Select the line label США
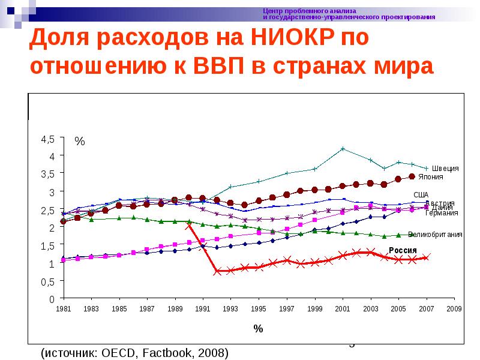pyautogui.click(x=421, y=194)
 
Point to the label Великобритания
pyautogui.click(x=435, y=235)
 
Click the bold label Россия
pyautogui.click(x=404, y=250)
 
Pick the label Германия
pyautogui.click(x=442, y=212)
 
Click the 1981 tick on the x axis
pyautogui.click(x=63, y=308)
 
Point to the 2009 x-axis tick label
pyautogui.click(x=454, y=308)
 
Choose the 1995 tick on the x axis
pyautogui.click(x=259, y=308)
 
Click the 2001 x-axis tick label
pyautogui.click(x=343, y=308)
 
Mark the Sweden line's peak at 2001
pyautogui.click(x=343, y=148)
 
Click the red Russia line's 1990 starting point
pyautogui.click(x=189, y=225)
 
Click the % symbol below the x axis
pyautogui.click(x=258, y=329)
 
